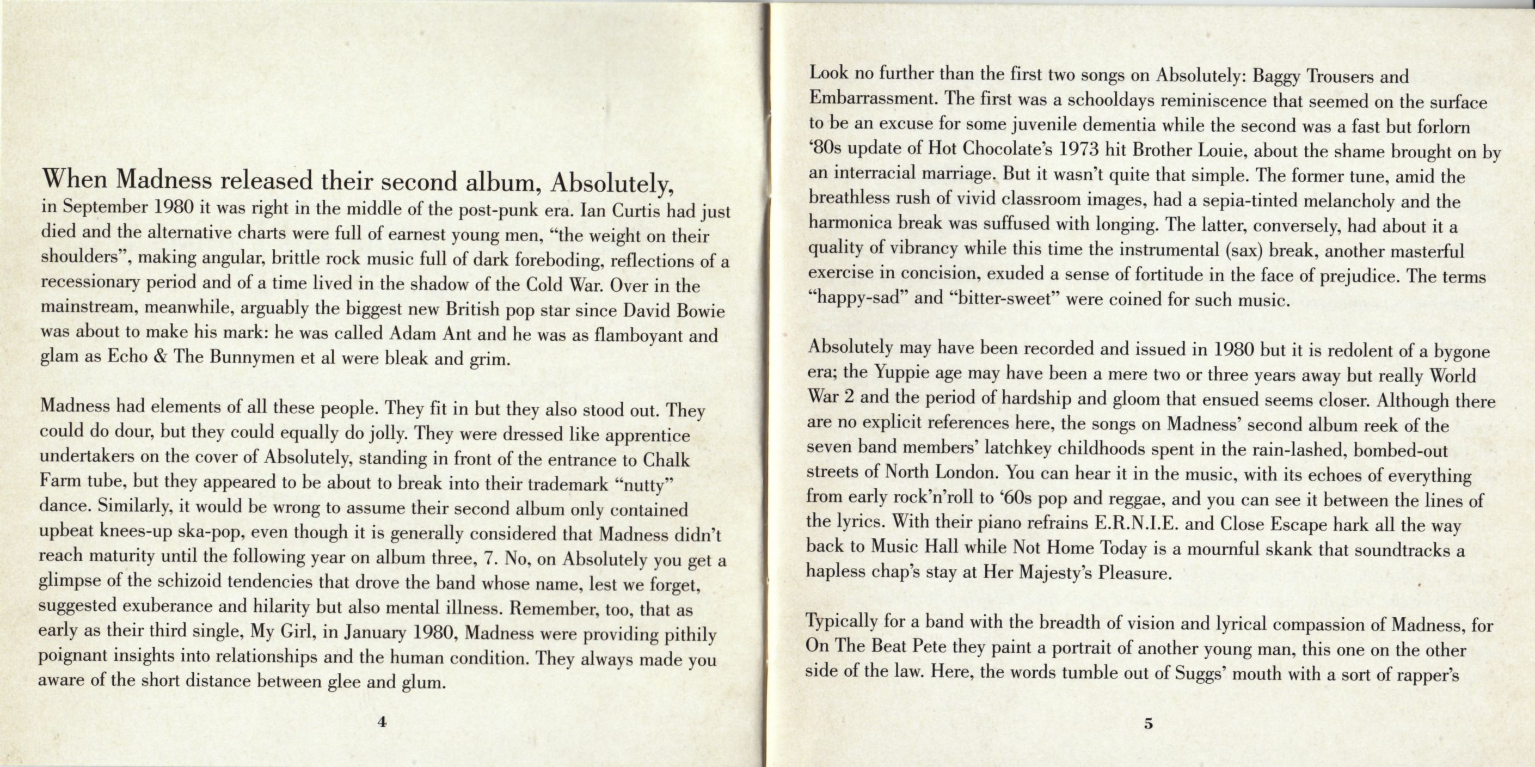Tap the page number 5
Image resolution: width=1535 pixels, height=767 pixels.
click(x=1149, y=724)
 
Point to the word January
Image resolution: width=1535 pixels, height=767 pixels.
click(x=374, y=631)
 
